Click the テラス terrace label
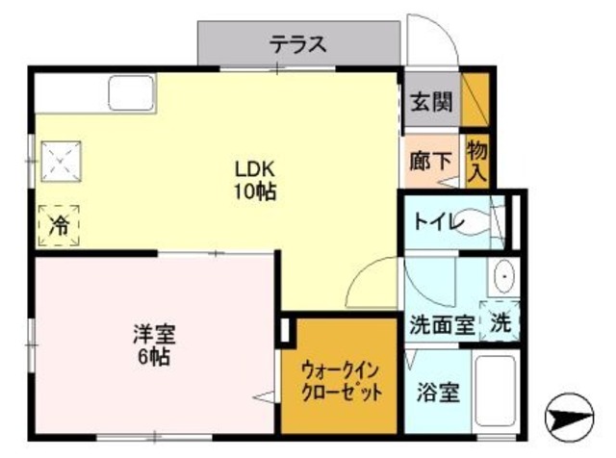tap(298, 43)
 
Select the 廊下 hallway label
tap(430, 161)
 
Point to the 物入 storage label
tap(476, 161)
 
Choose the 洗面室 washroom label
tap(442, 324)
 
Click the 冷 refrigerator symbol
tap(59, 225)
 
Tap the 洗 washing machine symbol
tap(500, 321)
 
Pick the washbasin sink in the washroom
tap(503, 279)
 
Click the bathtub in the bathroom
tap(498, 394)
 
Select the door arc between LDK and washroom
tap(371, 283)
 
